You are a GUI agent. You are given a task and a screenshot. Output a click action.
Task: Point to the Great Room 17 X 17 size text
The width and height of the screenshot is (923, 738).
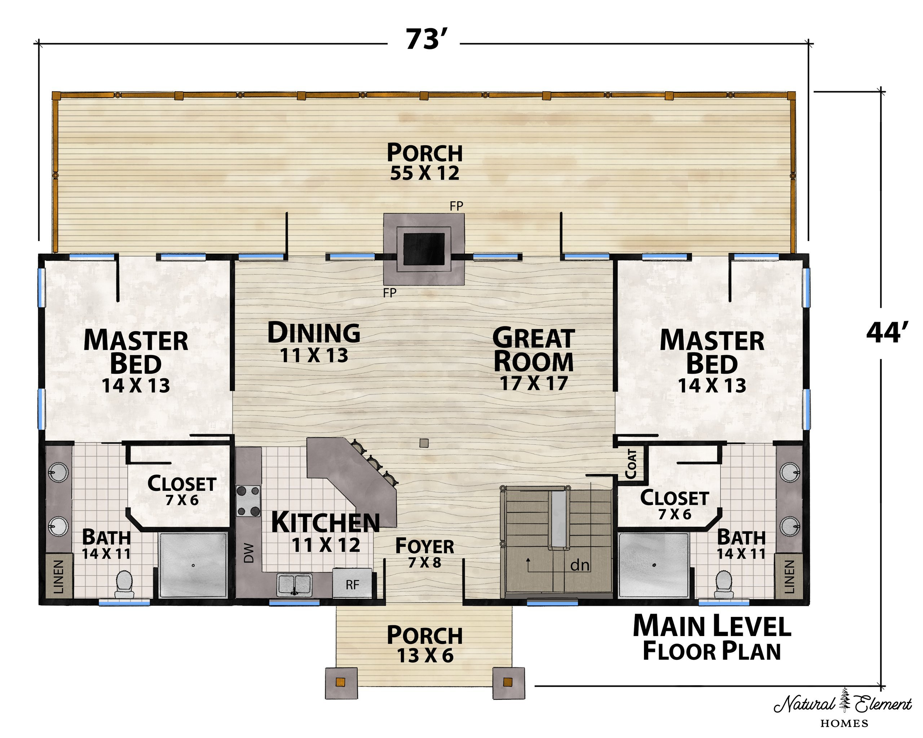(x=534, y=383)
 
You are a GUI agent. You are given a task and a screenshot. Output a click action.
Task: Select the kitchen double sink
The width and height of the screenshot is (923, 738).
(x=295, y=585)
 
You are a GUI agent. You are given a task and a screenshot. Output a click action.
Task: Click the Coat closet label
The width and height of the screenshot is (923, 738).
(x=631, y=464)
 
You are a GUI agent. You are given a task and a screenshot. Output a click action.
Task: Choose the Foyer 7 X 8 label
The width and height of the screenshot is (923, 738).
(x=424, y=552)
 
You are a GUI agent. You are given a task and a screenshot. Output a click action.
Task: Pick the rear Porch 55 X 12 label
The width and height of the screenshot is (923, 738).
(x=425, y=162)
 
